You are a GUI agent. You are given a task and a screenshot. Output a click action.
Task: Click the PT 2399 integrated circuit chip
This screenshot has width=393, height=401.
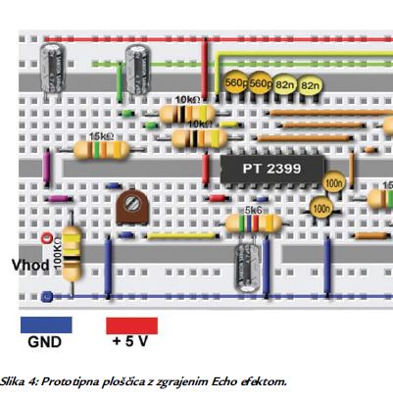(271, 168)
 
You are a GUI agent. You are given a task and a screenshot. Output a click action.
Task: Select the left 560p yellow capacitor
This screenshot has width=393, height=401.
(237, 85)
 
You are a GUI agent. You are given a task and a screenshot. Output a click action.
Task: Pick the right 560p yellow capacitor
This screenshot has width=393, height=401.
(261, 85)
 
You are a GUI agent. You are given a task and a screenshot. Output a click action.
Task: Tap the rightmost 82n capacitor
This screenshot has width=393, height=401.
(311, 87)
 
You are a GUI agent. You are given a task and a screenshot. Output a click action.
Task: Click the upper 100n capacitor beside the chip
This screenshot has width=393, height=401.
(334, 183)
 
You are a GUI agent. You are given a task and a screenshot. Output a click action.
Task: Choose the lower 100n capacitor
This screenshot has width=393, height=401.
(319, 208)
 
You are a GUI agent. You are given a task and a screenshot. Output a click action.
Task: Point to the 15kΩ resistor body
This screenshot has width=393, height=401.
(101, 151)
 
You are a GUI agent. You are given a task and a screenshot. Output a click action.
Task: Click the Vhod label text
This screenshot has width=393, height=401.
(28, 267)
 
